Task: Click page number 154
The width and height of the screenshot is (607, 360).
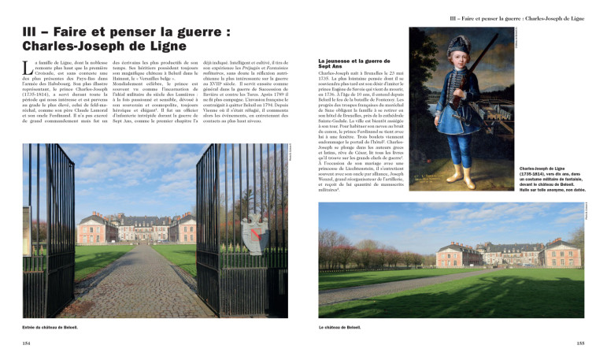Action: click(28, 343)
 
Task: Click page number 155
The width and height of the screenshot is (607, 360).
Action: click(579, 343)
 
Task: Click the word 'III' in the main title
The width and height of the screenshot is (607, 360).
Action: click(33, 34)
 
